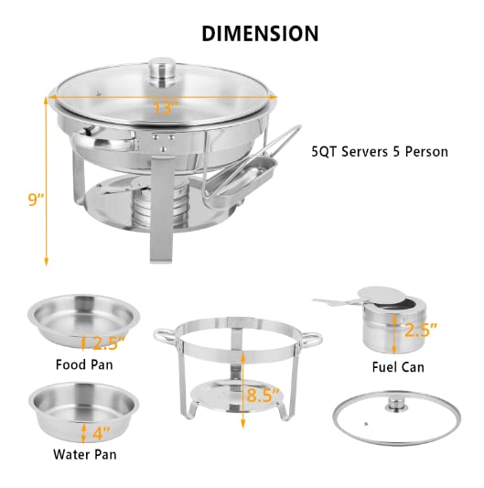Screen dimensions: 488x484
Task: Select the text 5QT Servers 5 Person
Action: [x=380, y=151]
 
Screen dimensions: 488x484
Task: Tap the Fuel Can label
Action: [x=397, y=368]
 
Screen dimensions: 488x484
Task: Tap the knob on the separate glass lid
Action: [x=396, y=403]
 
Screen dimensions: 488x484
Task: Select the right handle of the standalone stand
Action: [x=314, y=339]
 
